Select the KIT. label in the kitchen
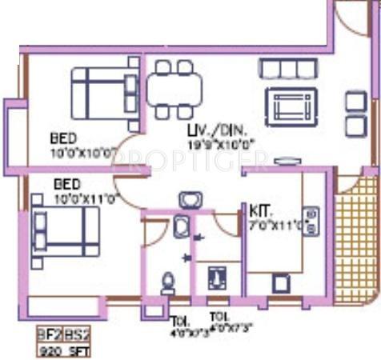[x=261, y=211]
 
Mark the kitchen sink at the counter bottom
[x=280, y=283]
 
